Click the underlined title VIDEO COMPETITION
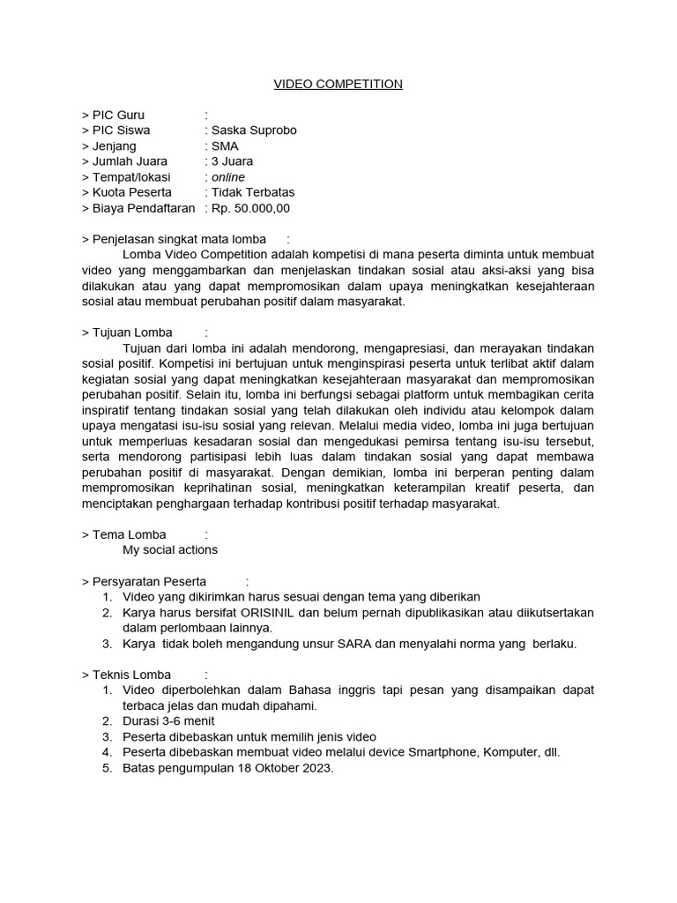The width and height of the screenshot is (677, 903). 338,84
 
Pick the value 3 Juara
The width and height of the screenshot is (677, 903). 232,161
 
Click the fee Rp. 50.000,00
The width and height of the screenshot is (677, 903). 250,208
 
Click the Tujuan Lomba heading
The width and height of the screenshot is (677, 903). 131,332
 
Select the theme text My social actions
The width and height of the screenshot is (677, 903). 170,549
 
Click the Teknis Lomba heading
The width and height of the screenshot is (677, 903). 131,675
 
